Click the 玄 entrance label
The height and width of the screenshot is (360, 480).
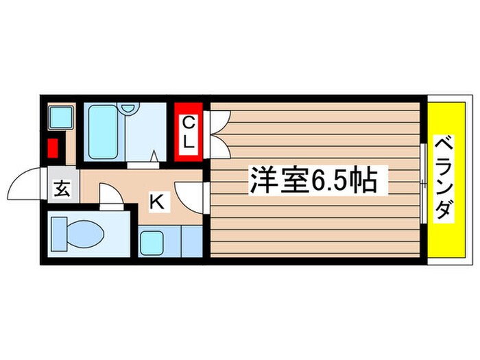click(x=62, y=190)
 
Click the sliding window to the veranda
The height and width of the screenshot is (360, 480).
click(x=422, y=182)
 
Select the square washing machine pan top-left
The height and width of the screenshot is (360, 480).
click(x=60, y=117)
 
